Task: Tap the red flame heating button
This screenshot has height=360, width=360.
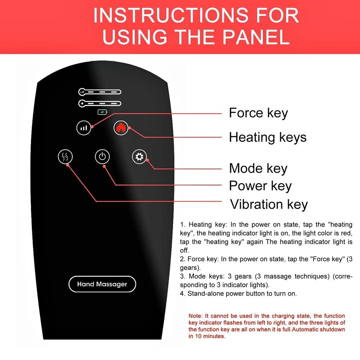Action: click(x=121, y=127)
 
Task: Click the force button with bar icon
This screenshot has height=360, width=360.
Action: click(x=84, y=128)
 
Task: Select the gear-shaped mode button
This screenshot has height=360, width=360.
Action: click(x=139, y=157)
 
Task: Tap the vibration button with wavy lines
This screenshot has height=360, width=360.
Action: click(x=65, y=157)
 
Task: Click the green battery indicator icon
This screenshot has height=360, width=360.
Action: click(x=102, y=112)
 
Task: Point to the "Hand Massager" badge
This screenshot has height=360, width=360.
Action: click(x=102, y=284)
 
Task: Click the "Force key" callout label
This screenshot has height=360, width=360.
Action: click(x=258, y=113)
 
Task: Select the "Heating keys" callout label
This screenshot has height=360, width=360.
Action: click(x=268, y=138)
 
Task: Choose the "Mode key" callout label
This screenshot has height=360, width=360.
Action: click(x=258, y=168)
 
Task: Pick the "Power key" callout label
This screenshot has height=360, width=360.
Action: click(x=260, y=186)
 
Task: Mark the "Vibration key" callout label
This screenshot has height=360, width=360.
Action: click(x=269, y=204)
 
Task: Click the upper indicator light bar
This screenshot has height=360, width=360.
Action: click(x=100, y=92)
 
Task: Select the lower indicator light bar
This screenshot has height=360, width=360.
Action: click(x=100, y=103)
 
